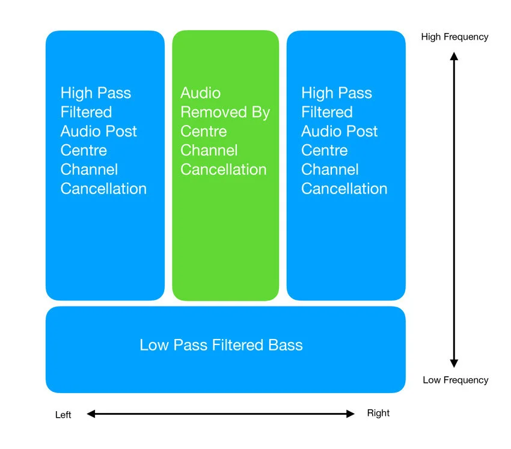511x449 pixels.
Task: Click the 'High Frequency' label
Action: click(454, 37)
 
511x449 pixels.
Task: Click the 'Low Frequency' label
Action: click(456, 380)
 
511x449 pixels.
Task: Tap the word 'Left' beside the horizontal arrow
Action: click(63, 415)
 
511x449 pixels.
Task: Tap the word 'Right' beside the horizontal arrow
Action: click(378, 413)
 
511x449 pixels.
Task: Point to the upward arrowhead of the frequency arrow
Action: click(454, 56)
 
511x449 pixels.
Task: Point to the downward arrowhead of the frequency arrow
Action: click(454, 363)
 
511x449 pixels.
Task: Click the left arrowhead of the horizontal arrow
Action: click(91, 414)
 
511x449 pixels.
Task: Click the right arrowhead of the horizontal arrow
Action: click(350, 414)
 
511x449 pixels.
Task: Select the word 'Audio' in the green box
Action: click(200, 93)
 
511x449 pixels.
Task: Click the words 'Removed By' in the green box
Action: click(225, 113)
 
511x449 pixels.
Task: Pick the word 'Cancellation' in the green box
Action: click(224, 170)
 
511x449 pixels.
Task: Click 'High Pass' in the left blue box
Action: click(96, 93)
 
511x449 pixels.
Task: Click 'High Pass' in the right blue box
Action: click(337, 93)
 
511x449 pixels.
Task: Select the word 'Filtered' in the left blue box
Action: click(87, 112)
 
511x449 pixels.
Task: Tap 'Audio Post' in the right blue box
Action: click(339, 131)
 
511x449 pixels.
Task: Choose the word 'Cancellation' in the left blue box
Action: click(103, 189)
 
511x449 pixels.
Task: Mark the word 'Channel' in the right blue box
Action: click(330, 170)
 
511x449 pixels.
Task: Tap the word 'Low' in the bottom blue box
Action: click(154, 345)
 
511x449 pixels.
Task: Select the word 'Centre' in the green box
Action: click(204, 131)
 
